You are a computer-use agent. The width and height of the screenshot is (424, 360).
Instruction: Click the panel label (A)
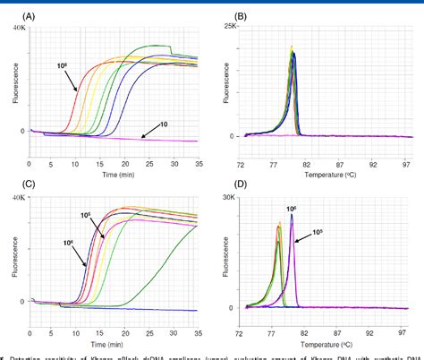click(x=18, y=15)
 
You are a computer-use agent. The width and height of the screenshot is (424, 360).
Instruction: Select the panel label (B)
click(x=225, y=15)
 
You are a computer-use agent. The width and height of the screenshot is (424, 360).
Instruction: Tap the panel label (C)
click(x=18, y=186)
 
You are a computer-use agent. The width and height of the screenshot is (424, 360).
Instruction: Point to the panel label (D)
click(x=225, y=186)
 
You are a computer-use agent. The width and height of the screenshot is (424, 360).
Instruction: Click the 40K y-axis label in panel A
click(x=17, y=28)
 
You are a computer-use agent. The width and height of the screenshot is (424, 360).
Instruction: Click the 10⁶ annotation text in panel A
click(x=62, y=66)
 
